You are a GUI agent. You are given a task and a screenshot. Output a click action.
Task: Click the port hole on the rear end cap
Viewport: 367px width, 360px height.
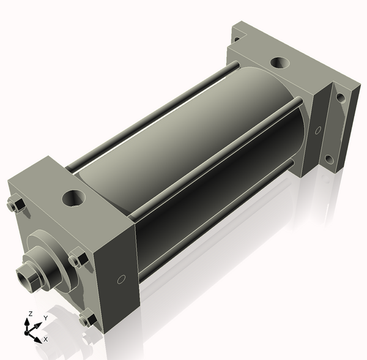[280, 62]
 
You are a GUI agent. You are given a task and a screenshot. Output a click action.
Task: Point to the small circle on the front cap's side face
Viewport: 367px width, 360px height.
[121, 279]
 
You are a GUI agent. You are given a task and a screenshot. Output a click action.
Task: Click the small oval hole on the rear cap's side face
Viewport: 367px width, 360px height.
[318, 130]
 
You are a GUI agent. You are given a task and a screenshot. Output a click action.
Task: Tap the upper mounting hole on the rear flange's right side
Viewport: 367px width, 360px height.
[341, 98]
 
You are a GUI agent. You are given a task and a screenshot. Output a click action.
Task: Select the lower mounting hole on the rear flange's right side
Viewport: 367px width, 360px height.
[330, 159]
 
